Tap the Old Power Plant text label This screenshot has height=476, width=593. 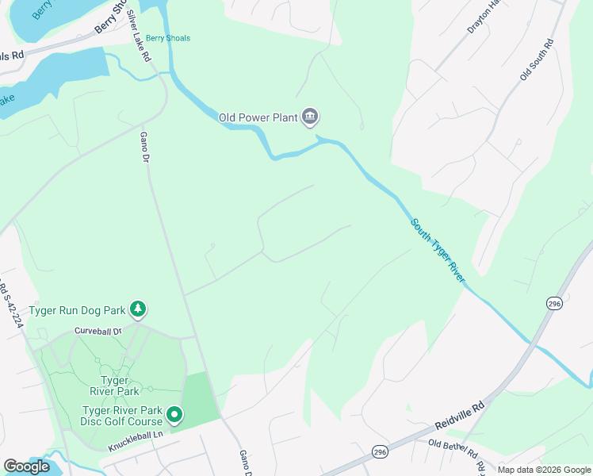point(258,118)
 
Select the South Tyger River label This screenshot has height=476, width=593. point(437,248)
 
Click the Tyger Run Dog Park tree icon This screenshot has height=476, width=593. point(139,309)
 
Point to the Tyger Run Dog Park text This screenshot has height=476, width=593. point(78,310)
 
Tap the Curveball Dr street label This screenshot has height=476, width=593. point(98,331)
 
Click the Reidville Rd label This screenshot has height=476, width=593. point(459,416)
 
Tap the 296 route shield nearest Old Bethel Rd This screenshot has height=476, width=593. point(380,451)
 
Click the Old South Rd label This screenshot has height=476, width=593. point(535,59)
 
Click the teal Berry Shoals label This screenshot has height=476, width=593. point(168,38)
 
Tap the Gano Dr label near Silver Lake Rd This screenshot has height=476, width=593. point(145,147)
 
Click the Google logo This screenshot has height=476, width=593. point(27,466)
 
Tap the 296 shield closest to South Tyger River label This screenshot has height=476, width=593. point(554,303)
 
